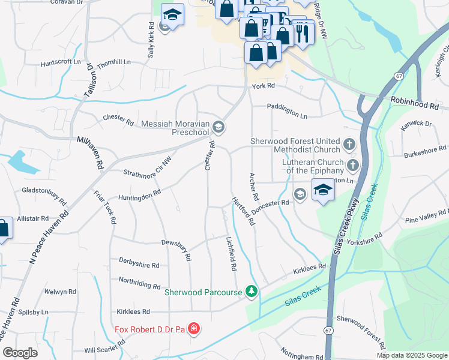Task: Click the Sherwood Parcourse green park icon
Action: (x=252, y=292)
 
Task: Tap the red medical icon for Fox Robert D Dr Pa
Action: (x=193, y=329)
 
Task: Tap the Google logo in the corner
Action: (x=20, y=353)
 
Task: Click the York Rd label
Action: (x=263, y=86)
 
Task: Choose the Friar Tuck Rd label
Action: (x=104, y=207)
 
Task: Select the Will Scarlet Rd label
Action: (x=105, y=347)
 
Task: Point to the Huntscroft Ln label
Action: (x=60, y=62)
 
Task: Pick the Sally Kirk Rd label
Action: (x=151, y=41)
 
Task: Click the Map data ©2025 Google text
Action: (x=412, y=355)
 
